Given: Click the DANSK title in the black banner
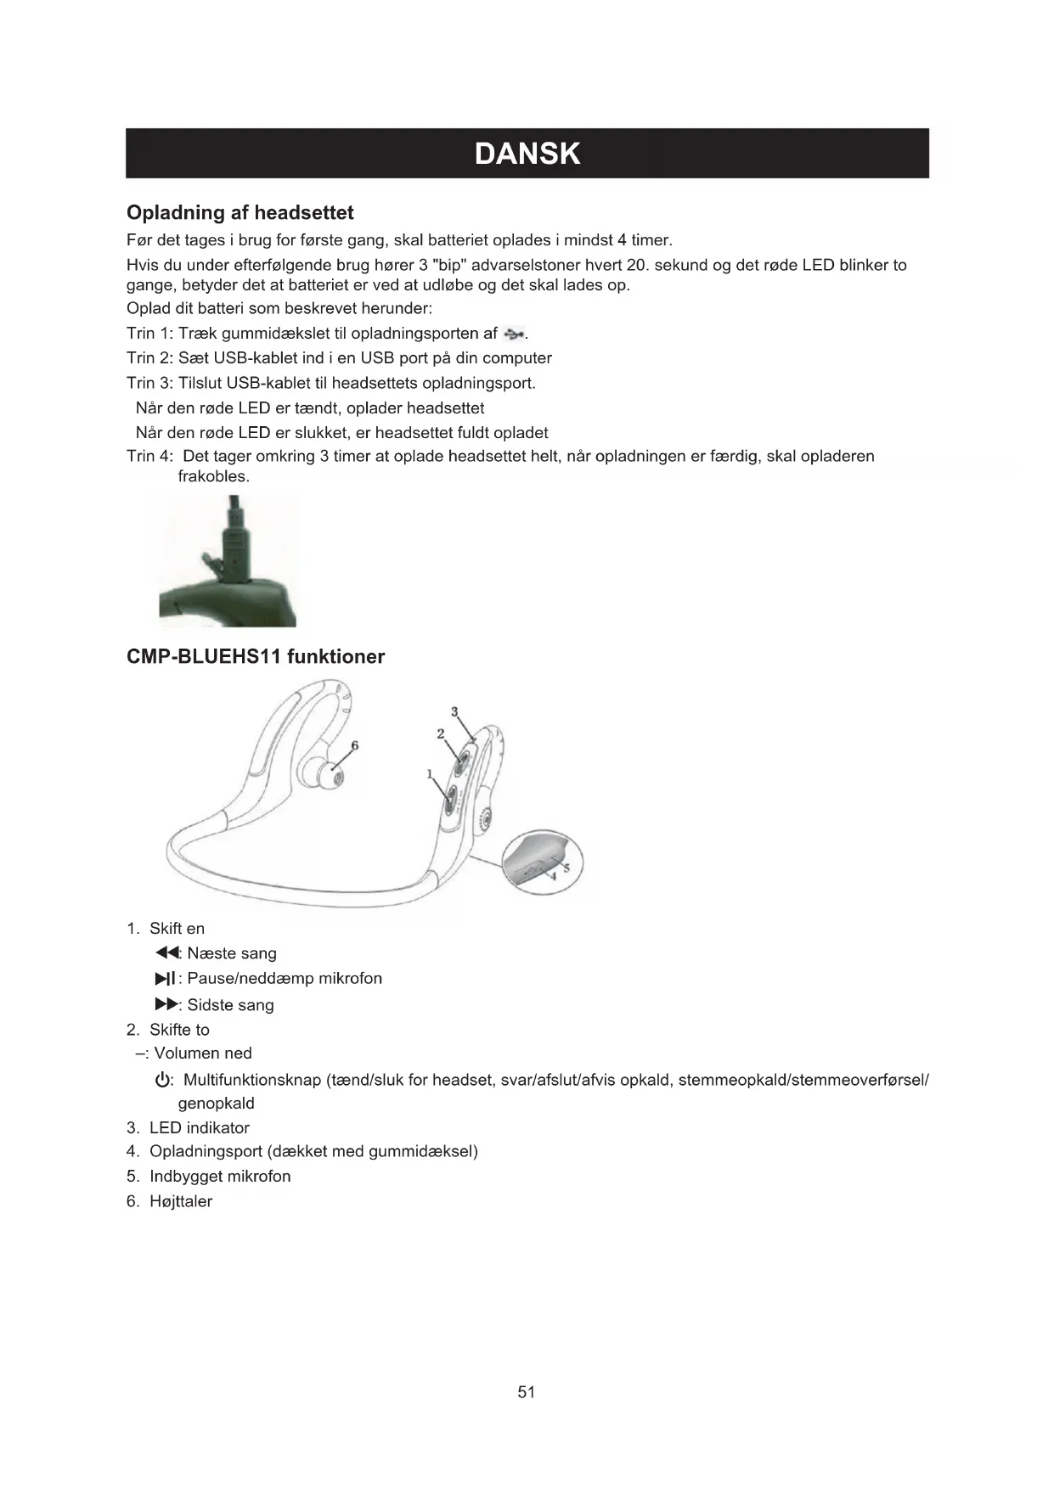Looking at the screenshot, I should click(527, 154).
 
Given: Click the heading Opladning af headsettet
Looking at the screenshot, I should click(240, 212).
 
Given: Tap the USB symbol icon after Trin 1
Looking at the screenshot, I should click(515, 333).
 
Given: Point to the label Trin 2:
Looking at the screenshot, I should click(149, 358).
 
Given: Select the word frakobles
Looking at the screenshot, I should click(213, 476).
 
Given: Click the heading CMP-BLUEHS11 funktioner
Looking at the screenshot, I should click(255, 656).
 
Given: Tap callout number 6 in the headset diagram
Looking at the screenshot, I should click(355, 745).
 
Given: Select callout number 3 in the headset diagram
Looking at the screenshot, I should click(454, 711).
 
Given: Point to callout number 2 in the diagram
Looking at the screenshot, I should click(440, 733).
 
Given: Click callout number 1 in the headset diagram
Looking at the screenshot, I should click(430, 773).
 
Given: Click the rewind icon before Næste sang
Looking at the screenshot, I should click(168, 953).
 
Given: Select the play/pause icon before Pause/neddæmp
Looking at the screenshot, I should click(166, 979).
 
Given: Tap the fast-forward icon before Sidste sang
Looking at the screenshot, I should click(167, 1005).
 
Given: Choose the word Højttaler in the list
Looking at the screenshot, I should click(181, 1201).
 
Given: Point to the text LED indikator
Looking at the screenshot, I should click(200, 1127).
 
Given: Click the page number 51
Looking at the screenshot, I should click(526, 1391).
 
